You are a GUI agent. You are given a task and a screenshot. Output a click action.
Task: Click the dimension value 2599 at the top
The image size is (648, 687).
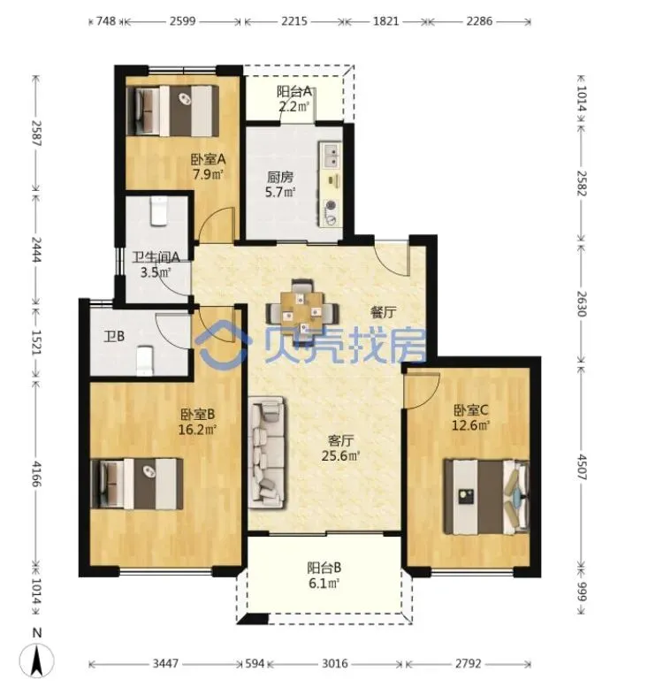(182, 21)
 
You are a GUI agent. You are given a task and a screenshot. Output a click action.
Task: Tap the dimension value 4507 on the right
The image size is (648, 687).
(582, 467)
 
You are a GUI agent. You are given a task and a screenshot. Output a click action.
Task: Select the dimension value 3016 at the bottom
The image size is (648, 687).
(335, 664)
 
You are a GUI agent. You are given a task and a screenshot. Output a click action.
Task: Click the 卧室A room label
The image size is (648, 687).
(208, 158)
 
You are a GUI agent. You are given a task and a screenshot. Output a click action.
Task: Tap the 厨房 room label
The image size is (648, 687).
(280, 177)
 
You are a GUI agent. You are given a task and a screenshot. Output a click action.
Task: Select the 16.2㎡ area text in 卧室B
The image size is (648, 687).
(197, 430)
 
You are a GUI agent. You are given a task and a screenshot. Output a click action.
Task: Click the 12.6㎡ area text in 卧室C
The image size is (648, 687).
(470, 425)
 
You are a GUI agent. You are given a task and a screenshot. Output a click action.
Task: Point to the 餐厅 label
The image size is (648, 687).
(384, 312)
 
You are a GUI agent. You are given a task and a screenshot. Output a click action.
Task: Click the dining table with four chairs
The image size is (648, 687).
(302, 309)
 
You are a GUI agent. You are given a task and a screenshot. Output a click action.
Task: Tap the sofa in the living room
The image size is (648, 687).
(266, 453)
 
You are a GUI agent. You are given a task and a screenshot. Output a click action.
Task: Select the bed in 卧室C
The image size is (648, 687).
(487, 496)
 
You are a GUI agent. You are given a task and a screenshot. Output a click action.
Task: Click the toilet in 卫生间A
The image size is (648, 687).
(158, 211)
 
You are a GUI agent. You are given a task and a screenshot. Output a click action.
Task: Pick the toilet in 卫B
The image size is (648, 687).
(145, 361)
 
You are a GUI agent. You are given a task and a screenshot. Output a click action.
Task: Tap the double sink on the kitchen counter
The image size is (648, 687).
(330, 156)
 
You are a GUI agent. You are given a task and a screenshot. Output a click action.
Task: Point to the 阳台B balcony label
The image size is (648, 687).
(324, 569)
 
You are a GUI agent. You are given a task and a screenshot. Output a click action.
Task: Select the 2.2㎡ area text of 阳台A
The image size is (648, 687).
(294, 105)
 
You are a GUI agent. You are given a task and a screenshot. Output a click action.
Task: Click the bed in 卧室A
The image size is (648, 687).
(172, 111)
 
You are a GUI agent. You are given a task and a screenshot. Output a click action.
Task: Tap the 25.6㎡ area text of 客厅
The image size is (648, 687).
(341, 455)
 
